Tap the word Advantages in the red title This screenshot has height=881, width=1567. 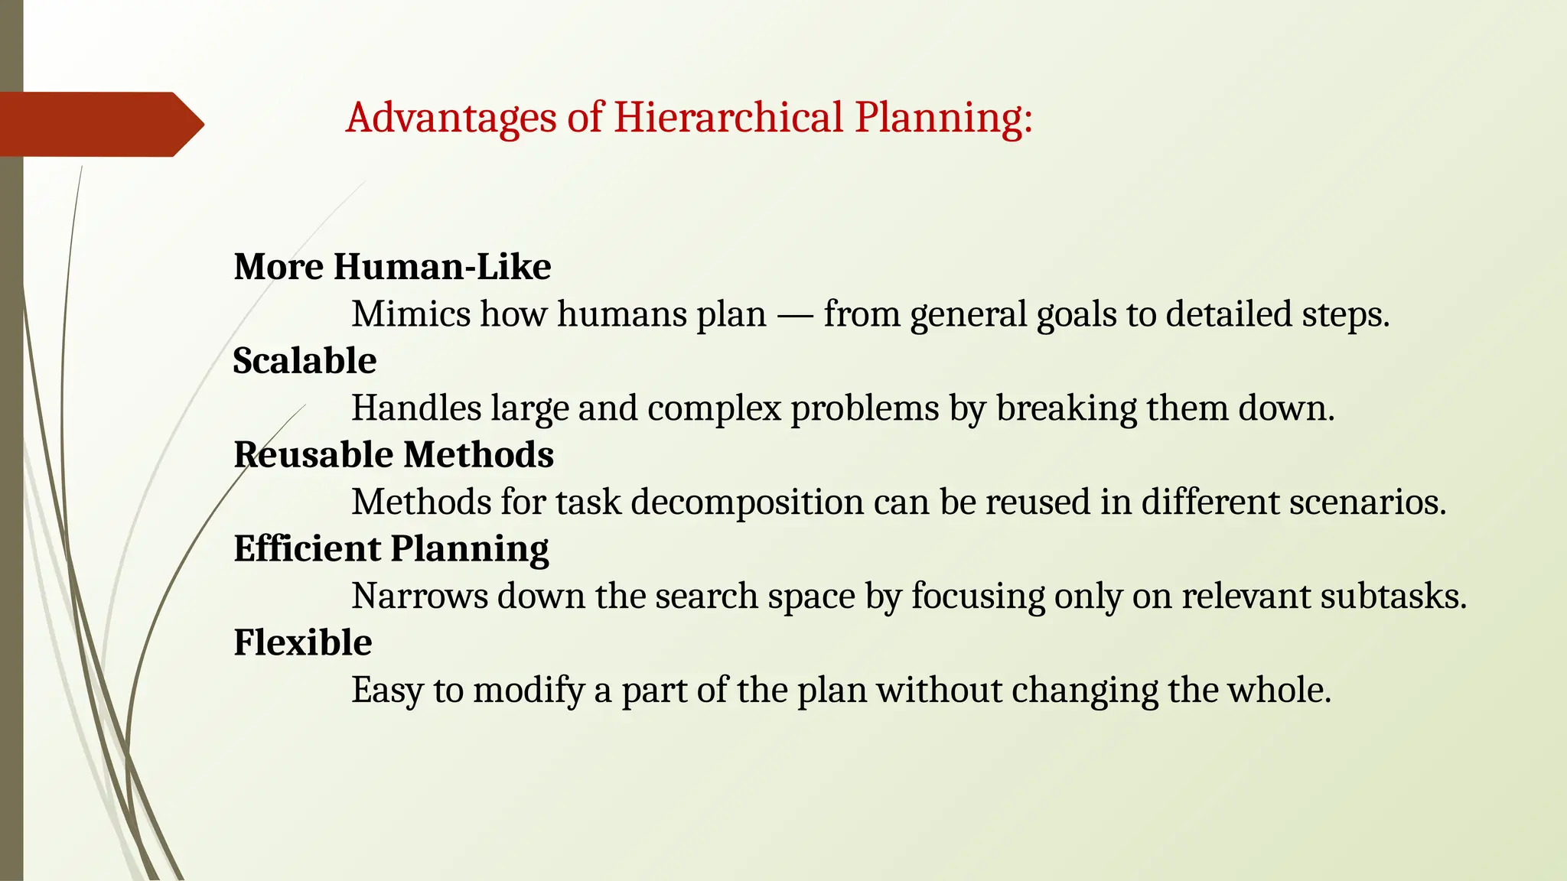point(451,119)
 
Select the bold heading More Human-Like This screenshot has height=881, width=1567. point(392,267)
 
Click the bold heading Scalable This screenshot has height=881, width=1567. point(305,361)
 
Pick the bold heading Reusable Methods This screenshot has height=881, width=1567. point(393,455)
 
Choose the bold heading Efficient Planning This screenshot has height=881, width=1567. point(391,549)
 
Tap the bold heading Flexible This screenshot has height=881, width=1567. point(303,642)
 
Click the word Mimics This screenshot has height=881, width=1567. point(411,314)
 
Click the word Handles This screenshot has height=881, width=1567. point(416,408)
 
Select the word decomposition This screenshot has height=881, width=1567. point(748,503)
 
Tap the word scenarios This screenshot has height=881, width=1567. point(1368,502)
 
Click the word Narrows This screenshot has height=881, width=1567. point(419,597)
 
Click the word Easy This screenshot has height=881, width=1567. point(387,691)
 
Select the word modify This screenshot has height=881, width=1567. point(529,691)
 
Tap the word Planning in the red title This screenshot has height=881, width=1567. point(943,119)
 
